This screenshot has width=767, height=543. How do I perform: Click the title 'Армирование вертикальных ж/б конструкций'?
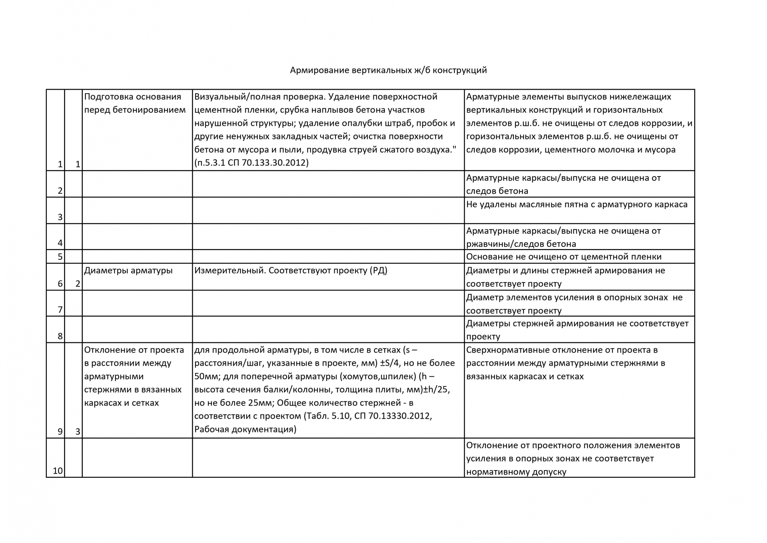388,70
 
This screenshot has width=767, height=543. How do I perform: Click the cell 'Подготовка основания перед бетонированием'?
135,103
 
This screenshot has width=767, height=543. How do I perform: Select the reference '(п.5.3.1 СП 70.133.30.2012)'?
252,163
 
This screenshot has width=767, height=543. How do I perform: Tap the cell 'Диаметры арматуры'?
128,271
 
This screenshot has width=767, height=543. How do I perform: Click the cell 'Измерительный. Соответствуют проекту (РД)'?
291,271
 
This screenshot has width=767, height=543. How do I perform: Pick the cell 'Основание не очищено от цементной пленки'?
564,257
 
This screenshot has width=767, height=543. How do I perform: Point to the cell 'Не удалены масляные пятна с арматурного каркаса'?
577,205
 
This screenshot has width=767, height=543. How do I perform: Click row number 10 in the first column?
58,471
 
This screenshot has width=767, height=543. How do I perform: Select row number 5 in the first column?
60,257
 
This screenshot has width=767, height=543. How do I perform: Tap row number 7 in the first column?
60,310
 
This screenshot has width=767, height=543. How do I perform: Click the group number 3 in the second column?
77,432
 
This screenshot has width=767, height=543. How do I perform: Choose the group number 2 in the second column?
77,284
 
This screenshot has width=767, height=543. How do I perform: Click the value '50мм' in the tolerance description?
206,376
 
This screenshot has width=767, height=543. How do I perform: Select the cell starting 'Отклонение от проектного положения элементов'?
573,458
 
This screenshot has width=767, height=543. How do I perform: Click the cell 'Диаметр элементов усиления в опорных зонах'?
574,304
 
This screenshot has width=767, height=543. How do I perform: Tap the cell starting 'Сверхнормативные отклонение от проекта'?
566,363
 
